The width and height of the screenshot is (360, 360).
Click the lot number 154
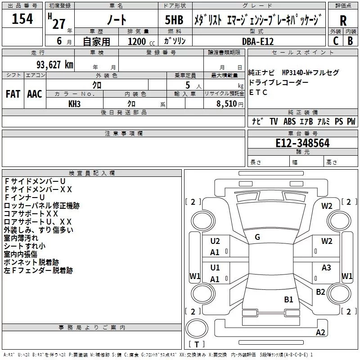tap(22, 19)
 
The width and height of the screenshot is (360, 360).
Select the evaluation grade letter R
tap(343, 21)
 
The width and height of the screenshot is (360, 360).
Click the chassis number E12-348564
tap(303, 143)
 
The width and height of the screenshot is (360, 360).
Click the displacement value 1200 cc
tap(137, 41)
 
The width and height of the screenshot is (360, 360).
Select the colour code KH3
tap(74, 103)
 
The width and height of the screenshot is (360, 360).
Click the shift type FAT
tap(13, 94)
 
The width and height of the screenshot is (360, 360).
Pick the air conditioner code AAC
tap(35, 94)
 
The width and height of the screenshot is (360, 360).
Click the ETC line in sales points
tap(258, 93)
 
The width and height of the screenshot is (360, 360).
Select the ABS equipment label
tap(289, 121)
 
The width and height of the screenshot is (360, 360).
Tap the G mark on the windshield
tap(257, 237)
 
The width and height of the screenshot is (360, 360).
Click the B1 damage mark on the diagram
tap(288, 299)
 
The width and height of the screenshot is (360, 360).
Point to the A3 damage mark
tap(326, 268)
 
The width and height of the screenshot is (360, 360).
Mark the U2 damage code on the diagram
tap(215, 241)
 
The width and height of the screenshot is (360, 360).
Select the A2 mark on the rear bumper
tap(320, 333)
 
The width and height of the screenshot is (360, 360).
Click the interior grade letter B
tap(350, 41)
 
